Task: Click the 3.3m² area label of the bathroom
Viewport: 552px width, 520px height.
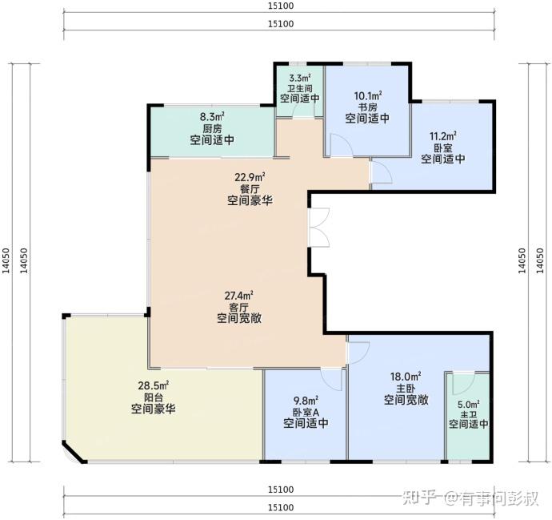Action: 300,78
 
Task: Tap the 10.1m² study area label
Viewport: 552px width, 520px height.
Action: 368,96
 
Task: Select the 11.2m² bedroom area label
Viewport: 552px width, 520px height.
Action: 443,136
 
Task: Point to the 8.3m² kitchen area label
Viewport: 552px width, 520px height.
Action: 212,116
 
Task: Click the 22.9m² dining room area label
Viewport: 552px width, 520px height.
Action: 250,177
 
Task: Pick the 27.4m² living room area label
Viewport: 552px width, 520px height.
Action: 239,295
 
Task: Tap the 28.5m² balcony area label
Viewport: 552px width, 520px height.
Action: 154,385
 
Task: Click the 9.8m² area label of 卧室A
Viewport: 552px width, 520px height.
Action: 306,401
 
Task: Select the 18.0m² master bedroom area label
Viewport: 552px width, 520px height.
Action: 406,377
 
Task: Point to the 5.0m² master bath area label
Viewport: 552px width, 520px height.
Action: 469,405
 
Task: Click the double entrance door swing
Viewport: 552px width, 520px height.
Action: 319,228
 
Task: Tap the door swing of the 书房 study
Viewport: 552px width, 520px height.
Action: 341,145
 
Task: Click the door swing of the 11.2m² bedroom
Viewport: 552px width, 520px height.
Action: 382,172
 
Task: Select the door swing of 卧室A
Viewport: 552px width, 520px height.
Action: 331,379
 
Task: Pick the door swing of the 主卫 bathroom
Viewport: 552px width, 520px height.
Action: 464,384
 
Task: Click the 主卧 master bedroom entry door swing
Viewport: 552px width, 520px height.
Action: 358,353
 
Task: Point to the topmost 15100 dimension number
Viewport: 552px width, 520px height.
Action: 281,6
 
